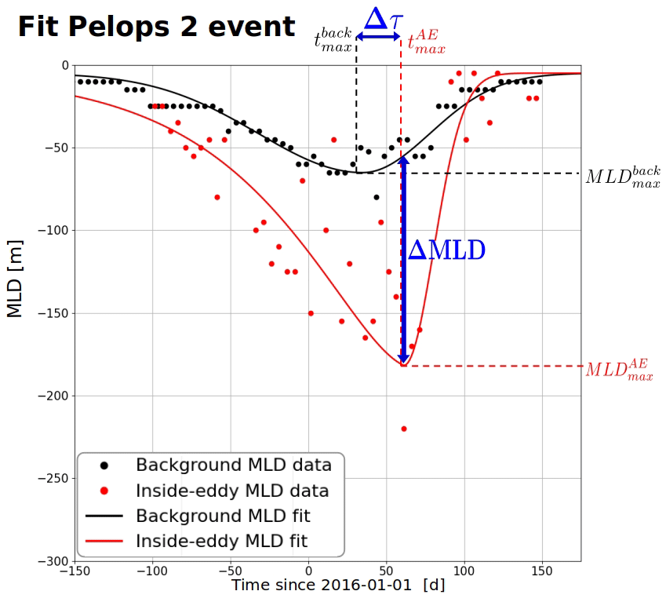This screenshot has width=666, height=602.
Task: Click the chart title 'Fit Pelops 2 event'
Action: [x=156, y=27]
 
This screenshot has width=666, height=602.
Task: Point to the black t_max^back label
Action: [x=333, y=40]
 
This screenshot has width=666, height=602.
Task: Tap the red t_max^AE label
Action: [x=426, y=41]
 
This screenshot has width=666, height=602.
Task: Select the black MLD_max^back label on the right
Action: [x=622, y=176]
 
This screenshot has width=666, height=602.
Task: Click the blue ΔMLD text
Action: [x=446, y=250]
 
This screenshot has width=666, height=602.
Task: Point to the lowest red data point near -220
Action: [x=404, y=429]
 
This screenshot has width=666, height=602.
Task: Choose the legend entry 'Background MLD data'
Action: [x=233, y=465]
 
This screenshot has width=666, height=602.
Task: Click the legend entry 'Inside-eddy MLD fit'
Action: [x=220, y=541]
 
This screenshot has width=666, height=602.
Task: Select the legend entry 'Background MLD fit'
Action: [x=223, y=516]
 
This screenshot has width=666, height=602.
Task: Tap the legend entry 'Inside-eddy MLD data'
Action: [x=231, y=491]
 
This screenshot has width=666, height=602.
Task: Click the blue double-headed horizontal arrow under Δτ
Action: [x=379, y=36]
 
